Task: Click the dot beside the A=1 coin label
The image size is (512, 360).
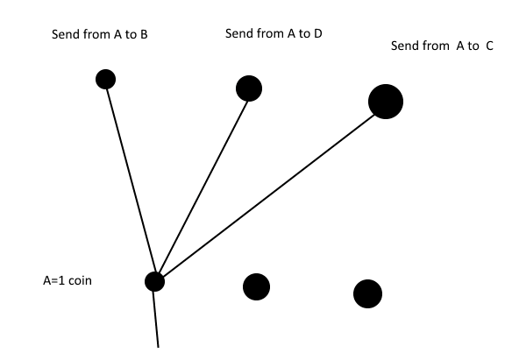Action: coord(155,282)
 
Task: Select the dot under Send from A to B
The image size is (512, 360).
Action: coord(105,79)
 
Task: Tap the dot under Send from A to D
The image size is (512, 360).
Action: coord(249,88)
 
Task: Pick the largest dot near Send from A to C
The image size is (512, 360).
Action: coord(386,102)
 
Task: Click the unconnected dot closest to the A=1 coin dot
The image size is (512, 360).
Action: coord(257,287)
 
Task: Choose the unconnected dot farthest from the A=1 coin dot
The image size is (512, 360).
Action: coord(367,293)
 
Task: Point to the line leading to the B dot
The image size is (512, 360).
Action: coord(132,180)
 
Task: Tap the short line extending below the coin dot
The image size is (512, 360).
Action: coord(156,320)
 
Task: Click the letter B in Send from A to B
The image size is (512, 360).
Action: coord(144,34)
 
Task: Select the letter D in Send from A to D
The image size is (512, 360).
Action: coord(318,33)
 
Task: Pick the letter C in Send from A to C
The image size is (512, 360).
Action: coord(489,46)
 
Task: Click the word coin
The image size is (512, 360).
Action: coord(81,280)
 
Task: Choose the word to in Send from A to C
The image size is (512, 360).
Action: coord(473,46)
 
